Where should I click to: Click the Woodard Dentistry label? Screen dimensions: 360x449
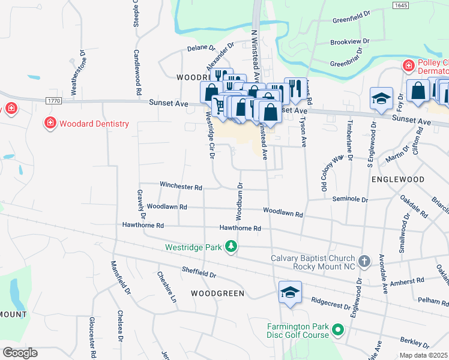coord(95,124)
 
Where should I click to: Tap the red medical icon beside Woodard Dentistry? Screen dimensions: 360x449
coord(51,124)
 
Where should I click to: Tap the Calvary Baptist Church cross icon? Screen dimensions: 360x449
coord(364,262)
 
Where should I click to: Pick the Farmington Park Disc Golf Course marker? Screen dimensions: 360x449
coord(338,330)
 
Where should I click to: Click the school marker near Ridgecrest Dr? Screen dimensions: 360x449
coord(290,293)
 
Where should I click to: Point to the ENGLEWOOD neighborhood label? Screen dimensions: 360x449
coord(397,179)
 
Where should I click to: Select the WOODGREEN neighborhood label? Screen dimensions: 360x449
coord(217,293)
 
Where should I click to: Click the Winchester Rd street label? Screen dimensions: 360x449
coord(181,187)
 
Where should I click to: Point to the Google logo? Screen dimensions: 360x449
coord(19,352)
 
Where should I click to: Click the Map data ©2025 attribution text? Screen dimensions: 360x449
coord(423,355)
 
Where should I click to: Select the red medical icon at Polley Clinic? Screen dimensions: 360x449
coord(409,65)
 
